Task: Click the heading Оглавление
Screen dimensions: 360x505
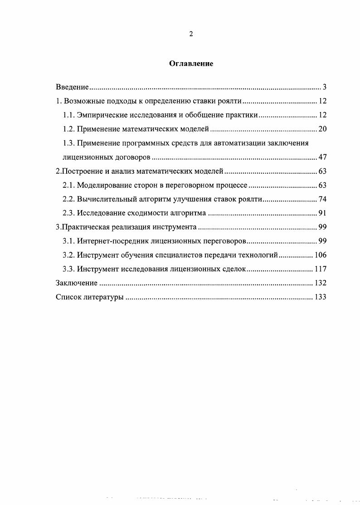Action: click(191, 64)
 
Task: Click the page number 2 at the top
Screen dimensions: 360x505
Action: click(191, 34)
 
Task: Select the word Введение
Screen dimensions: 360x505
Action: click(72, 87)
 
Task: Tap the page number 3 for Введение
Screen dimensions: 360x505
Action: click(325, 87)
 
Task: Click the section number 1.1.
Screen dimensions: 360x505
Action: click(68, 115)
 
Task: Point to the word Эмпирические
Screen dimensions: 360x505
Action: click(99, 115)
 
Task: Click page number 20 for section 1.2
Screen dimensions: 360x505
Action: click(322, 129)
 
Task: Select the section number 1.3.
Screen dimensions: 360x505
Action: click(68, 143)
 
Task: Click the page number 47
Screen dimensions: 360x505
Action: click(322, 157)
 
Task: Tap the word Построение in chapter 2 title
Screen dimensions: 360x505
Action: click(80, 172)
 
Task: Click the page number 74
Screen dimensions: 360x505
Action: click(322, 199)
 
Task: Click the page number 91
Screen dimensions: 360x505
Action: click(322, 213)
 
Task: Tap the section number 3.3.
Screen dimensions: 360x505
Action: click(68, 269)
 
